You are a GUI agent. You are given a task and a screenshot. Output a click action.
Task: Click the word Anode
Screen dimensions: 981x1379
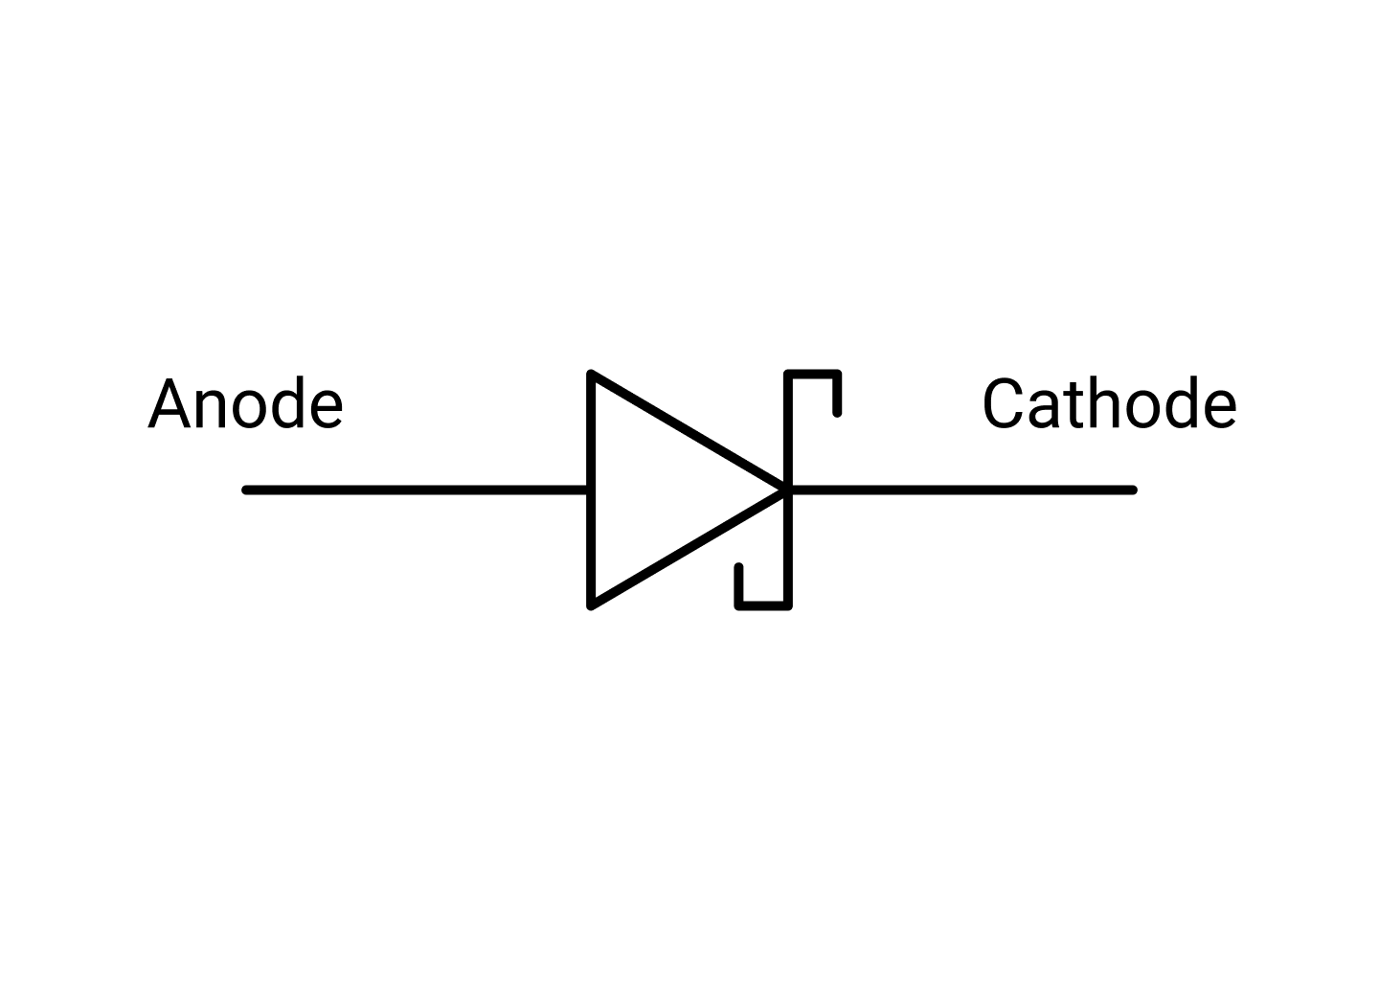(x=245, y=404)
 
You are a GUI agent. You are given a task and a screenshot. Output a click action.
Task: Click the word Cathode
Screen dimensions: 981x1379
(x=1109, y=404)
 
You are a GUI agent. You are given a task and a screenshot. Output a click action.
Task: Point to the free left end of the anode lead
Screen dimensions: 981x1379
(x=247, y=490)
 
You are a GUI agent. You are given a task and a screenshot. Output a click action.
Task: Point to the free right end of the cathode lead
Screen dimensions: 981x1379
(x=1132, y=490)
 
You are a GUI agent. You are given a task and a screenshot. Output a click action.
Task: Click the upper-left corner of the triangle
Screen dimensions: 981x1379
(x=592, y=374)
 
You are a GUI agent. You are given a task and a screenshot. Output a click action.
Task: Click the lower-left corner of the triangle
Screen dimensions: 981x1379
(x=592, y=605)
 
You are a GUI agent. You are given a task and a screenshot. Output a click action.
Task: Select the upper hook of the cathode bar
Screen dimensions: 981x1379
(x=814, y=374)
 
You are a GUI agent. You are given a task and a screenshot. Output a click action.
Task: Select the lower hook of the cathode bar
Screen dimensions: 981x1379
(x=762, y=605)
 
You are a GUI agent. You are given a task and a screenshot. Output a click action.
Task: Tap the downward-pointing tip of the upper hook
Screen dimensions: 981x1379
(x=838, y=412)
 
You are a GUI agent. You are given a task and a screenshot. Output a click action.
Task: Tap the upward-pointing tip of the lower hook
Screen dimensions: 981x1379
(x=738, y=568)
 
